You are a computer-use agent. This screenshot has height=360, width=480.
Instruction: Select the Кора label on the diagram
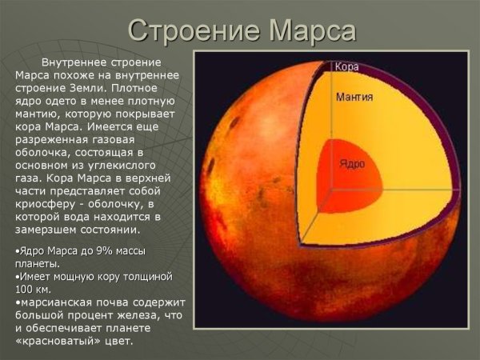coord(346,67)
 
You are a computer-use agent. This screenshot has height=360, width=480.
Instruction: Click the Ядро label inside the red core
coord(352,164)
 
